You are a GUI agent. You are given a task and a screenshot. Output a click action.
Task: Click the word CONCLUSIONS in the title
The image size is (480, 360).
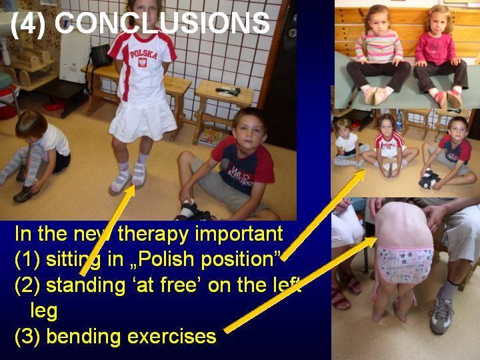tap(162, 23)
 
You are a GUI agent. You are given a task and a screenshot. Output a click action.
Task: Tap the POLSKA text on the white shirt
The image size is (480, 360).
tap(143, 54)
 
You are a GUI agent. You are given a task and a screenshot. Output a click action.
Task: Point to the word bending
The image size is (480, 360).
tap(83, 337)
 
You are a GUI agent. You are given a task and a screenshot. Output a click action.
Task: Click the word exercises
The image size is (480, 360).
tap(172, 337)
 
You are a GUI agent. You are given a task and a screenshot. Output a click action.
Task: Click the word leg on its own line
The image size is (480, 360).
tap(44, 311)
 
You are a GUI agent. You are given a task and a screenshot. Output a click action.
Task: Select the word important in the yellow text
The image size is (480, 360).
tap(239, 235)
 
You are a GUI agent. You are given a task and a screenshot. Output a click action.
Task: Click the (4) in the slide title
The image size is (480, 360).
tap(28, 24)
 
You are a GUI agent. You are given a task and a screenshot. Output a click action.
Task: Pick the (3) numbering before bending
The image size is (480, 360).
tap(27, 337)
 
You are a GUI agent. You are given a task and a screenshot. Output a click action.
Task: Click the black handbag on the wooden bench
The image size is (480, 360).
tap(101, 55)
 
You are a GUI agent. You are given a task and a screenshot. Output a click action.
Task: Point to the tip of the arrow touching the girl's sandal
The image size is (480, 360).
tap(134, 185)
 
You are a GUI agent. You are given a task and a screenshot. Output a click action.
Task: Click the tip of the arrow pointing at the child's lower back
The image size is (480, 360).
tap(377, 237)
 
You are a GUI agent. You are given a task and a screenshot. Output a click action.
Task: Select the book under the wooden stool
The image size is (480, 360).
tap(210, 137)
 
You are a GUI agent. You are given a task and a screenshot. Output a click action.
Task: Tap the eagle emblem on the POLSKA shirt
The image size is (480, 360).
tap(143, 63)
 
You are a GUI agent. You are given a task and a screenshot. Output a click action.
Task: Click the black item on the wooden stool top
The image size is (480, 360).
tap(228, 91)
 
